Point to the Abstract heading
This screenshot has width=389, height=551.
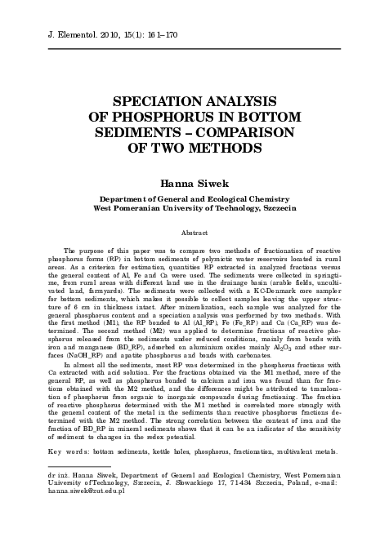194,233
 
